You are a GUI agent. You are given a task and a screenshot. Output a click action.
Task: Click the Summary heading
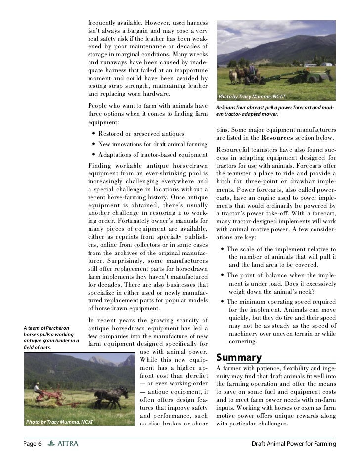click(x=239, y=357)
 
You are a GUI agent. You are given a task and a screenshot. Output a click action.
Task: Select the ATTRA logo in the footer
click(x=63, y=444)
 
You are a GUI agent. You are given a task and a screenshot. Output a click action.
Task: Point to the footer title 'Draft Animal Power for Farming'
click(x=294, y=444)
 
